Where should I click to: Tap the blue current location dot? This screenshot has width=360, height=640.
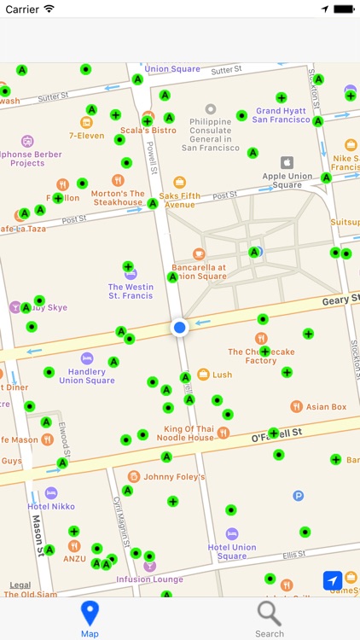tap(179, 328)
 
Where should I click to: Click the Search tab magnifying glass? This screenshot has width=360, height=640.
tap(269, 614)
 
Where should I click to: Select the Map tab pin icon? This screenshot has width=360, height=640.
tap(90, 614)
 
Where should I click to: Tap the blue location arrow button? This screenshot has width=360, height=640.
tap(333, 580)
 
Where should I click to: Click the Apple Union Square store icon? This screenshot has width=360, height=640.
tap(287, 162)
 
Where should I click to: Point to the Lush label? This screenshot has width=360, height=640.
tap(223, 375)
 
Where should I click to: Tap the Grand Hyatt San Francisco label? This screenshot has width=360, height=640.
tap(282, 115)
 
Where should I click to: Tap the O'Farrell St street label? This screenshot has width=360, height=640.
tap(277, 433)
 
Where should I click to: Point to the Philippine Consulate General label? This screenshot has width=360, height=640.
tap(210, 135)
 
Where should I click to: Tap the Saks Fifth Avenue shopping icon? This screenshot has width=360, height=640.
tap(179, 183)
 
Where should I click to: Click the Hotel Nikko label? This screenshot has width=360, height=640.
tap(51, 507)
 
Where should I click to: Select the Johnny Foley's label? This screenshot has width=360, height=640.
tap(174, 477)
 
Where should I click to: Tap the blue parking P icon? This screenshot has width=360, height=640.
tap(299, 496)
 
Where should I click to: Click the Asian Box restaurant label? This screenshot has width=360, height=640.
tap(327, 407)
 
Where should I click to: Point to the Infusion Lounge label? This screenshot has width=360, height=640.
tap(150, 579)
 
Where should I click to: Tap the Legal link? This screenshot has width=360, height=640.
tap(20, 585)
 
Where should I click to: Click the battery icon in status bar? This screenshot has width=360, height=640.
tap(343, 9)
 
